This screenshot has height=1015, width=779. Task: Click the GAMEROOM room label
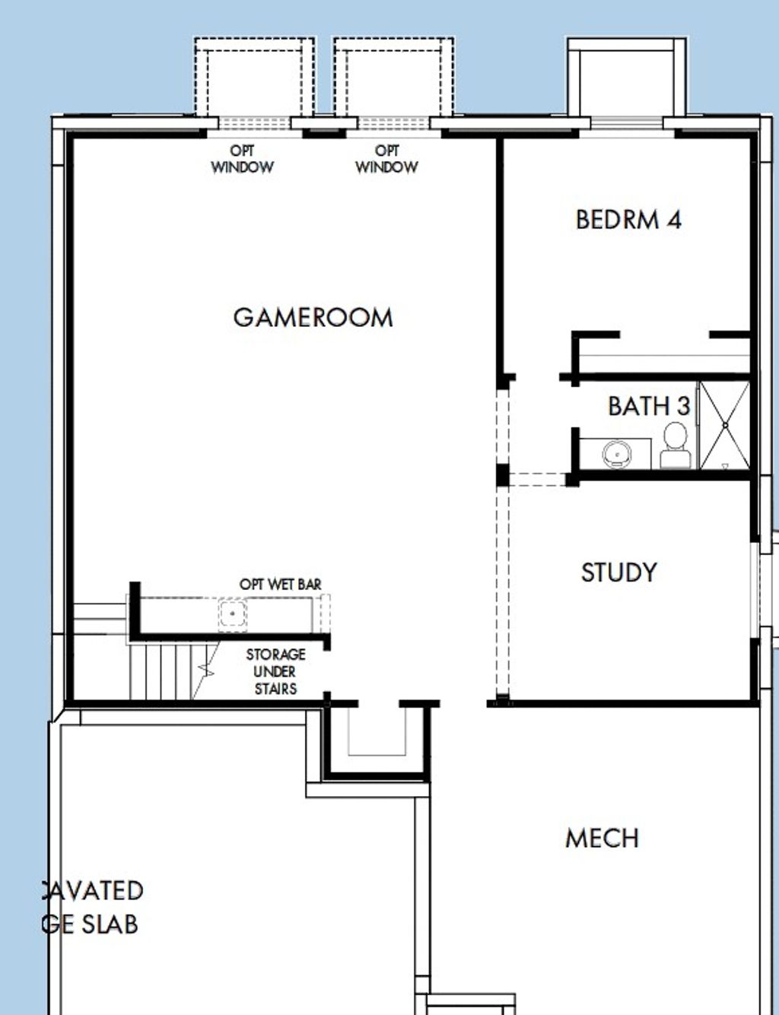point(313,317)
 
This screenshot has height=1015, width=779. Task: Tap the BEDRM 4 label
point(628,220)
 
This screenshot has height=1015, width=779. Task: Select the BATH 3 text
point(648,406)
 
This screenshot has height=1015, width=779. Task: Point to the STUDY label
point(618,573)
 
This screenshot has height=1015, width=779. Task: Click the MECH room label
point(602,839)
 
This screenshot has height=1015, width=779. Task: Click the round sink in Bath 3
point(616,454)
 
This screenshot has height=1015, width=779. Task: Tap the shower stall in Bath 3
point(724,426)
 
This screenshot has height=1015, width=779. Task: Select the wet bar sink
point(232,614)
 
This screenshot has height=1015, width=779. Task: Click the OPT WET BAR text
point(280,585)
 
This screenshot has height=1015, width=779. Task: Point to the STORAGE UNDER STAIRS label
point(275,671)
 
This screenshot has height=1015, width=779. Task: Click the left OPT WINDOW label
point(242,160)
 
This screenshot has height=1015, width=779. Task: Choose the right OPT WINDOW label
point(386,160)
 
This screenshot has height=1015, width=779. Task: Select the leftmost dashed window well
point(254,79)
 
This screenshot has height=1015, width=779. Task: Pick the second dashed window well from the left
point(393,79)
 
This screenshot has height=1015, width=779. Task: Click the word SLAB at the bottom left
point(110,925)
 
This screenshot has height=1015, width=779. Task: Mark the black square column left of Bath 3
point(502,474)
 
